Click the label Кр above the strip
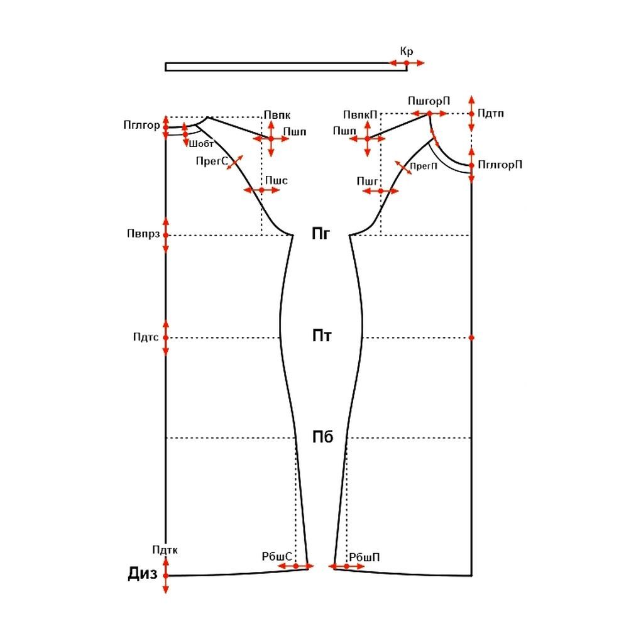click(x=407, y=52)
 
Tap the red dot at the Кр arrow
click(x=407, y=63)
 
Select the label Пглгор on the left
click(x=141, y=125)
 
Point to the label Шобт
click(x=201, y=144)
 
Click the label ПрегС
click(x=212, y=161)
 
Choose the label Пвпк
click(x=277, y=115)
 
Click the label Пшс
click(x=276, y=180)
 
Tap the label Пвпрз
click(x=143, y=234)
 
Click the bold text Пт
click(x=322, y=336)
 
